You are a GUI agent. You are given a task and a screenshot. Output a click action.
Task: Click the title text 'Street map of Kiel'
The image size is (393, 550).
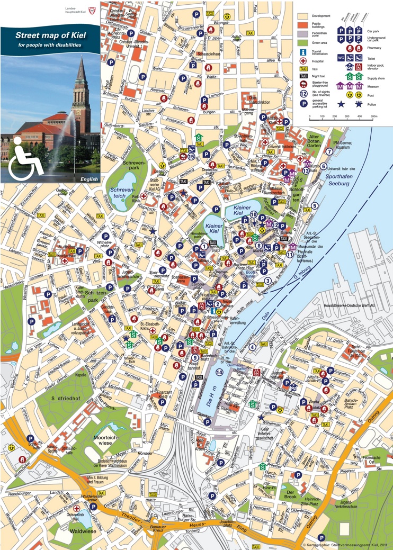coord(51,35)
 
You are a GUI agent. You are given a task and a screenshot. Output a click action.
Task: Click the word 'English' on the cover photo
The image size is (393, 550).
coord(89,179)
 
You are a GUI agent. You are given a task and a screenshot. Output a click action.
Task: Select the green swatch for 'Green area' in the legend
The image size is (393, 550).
coord(302,42)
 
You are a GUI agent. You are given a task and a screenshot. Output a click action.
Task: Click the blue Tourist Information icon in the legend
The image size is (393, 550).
coord(303,52)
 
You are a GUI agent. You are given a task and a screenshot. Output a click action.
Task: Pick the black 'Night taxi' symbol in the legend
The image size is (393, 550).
coord(303,76)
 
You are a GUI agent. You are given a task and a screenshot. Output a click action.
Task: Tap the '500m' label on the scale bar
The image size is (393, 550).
coord(373,115)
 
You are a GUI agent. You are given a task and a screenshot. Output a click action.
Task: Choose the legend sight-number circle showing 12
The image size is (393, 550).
coord(303,94)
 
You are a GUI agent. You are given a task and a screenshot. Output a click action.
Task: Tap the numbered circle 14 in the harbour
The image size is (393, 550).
coord(219,373)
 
